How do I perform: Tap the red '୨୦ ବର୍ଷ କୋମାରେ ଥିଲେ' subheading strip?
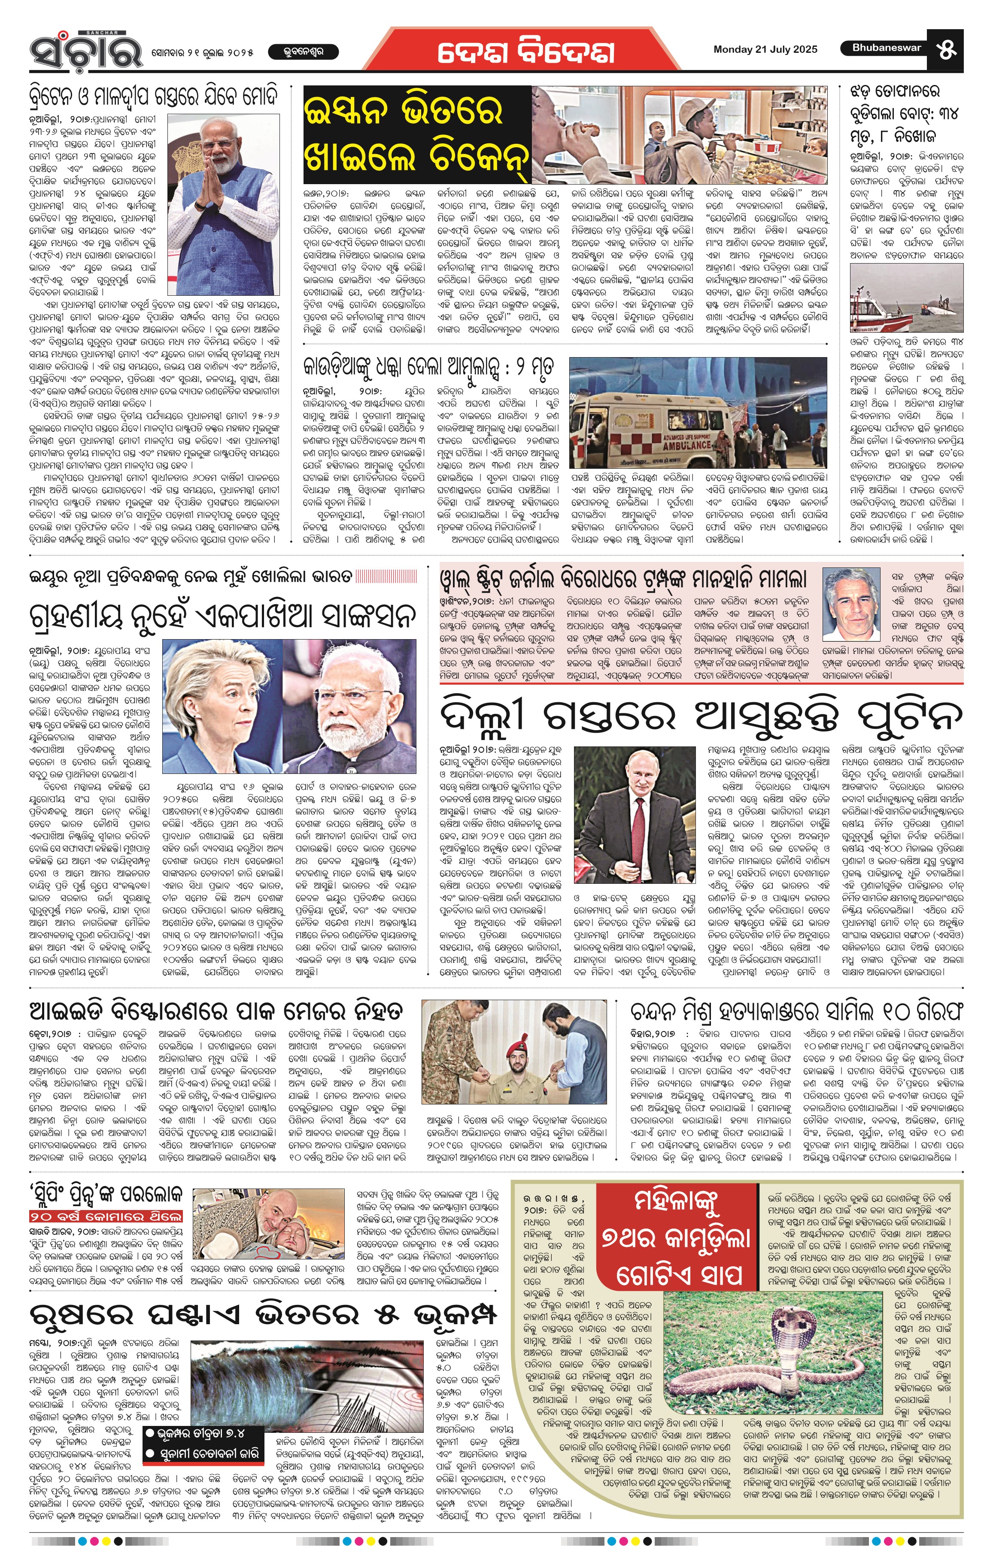106,1216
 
